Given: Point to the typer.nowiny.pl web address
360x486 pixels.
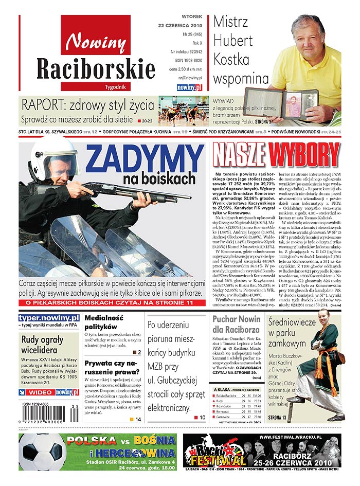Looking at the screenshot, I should pos(49,318).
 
